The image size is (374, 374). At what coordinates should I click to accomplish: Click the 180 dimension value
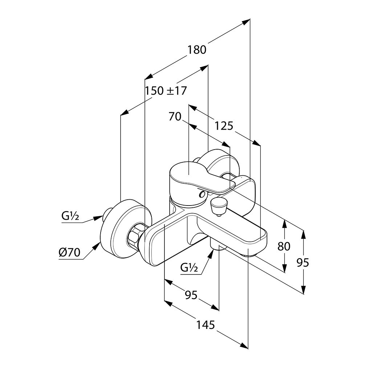[x=197, y=49]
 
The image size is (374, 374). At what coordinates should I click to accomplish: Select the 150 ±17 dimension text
[x=166, y=90]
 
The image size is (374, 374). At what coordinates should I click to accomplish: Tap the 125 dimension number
[x=223, y=126]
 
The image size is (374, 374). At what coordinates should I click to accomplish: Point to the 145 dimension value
[x=206, y=325]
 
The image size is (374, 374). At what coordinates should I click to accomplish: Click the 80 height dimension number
[x=284, y=247]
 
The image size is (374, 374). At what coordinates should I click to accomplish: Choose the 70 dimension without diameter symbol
[x=175, y=117]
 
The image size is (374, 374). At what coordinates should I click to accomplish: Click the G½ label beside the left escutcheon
[x=70, y=216]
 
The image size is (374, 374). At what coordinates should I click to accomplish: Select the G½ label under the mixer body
[x=189, y=268]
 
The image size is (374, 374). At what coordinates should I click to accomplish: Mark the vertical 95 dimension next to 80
[x=302, y=263]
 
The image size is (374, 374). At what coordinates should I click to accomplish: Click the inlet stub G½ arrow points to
[x=108, y=214]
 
